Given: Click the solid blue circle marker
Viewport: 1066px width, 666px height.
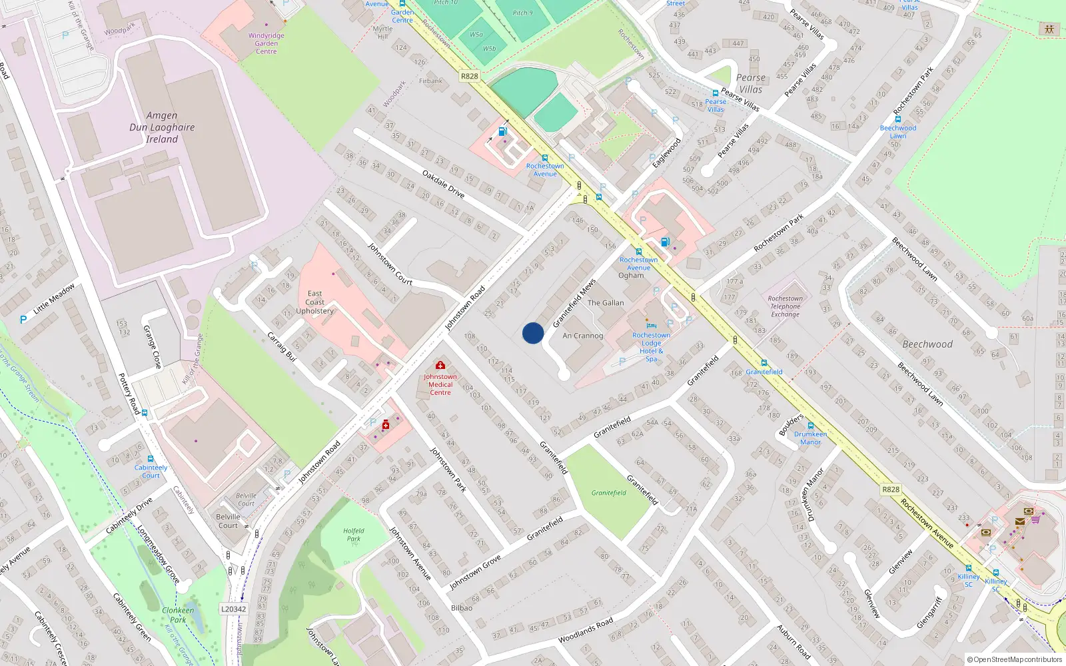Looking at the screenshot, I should click(x=533, y=333).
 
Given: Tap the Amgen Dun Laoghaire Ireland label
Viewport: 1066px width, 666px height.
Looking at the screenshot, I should click(x=162, y=127).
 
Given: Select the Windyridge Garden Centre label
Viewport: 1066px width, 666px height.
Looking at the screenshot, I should click(x=266, y=43).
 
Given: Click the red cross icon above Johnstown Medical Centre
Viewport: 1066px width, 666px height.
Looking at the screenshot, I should click(x=440, y=365).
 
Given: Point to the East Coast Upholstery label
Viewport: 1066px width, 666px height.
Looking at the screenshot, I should click(x=315, y=302).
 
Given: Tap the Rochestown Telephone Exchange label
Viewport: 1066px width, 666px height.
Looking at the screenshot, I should click(x=786, y=306).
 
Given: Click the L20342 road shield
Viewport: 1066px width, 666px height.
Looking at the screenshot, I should click(x=233, y=609).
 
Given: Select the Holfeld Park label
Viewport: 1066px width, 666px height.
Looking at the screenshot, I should click(x=354, y=535).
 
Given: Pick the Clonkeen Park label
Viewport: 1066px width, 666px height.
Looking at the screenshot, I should click(x=178, y=615).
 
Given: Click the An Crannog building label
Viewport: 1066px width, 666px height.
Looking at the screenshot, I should click(x=582, y=336).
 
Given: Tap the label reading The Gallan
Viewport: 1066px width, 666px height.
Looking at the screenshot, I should click(x=606, y=303).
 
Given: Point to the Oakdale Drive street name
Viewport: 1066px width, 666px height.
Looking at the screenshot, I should click(x=443, y=184).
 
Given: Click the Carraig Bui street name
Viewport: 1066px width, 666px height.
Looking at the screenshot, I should click(x=282, y=346).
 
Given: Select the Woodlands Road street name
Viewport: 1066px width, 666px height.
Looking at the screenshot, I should click(x=586, y=629).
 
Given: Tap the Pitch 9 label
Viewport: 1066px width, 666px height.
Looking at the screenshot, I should click(x=522, y=13).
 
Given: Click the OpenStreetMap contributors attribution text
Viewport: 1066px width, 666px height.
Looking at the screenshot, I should click(x=1015, y=660).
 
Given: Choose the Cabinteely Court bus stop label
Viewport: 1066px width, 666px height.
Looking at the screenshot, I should click(x=151, y=472).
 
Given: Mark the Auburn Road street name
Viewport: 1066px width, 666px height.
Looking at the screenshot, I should click(x=794, y=641).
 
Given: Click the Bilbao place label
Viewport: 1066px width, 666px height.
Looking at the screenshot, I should click(x=462, y=608).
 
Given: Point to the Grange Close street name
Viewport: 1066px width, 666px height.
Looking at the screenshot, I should click(x=153, y=346).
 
